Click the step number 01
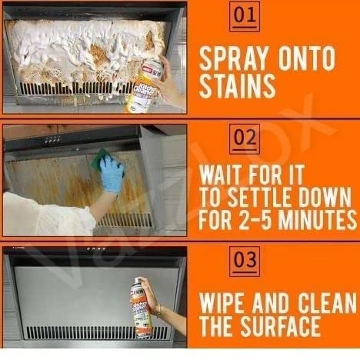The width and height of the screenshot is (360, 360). (245, 16)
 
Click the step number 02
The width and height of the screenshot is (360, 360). (245, 138)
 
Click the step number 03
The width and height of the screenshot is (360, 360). (245, 261)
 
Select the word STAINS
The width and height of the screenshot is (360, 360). (237, 86)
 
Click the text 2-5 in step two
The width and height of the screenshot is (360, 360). (255, 220)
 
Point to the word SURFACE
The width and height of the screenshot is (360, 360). (280, 326)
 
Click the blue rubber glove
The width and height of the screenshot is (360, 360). (112, 175)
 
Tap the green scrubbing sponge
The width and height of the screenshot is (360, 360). (102, 160)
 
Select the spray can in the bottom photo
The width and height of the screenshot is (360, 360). (142, 307)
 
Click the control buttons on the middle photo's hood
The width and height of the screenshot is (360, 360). (52, 139)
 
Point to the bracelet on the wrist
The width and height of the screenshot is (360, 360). (159, 311)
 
